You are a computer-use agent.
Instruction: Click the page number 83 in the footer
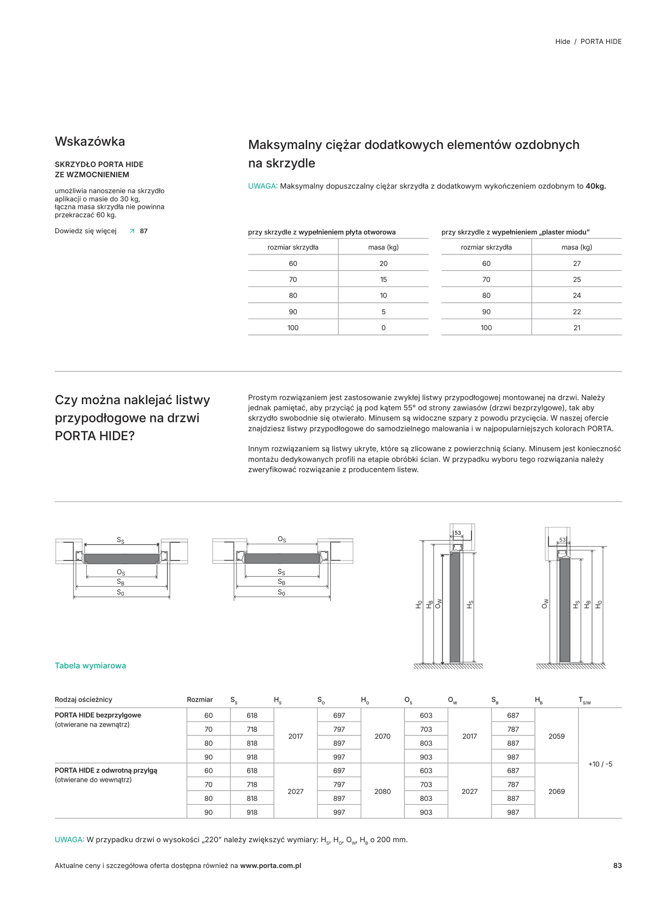click(x=617, y=866)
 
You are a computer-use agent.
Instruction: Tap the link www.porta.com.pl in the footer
click(x=271, y=866)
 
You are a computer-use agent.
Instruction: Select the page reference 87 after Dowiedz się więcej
click(x=144, y=231)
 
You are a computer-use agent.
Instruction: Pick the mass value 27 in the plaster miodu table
click(x=577, y=263)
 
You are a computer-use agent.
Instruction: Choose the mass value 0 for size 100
click(x=383, y=328)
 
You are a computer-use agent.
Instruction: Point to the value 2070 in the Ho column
click(x=383, y=736)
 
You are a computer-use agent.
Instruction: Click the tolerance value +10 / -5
click(x=600, y=764)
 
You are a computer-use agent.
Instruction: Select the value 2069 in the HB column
click(x=556, y=791)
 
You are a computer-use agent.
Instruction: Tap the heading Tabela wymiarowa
click(x=90, y=665)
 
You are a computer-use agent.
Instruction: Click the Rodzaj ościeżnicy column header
click(x=83, y=699)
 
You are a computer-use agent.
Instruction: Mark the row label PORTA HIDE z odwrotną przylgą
click(x=106, y=770)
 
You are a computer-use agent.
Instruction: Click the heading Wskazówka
click(x=90, y=142)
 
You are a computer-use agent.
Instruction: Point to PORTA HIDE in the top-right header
click(x=601, y=42)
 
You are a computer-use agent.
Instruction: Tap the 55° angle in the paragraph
click(x=409, y=408)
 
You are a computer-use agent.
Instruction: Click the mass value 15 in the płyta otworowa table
click(x=383, y=279)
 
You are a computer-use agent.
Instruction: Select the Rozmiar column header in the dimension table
click(x=200, y=699)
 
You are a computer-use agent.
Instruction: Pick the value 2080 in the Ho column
click(x=383, y=791)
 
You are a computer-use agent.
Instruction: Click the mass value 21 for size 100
click(x=577, y=328)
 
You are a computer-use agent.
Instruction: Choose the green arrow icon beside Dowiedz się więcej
click(x=132, y=231)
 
